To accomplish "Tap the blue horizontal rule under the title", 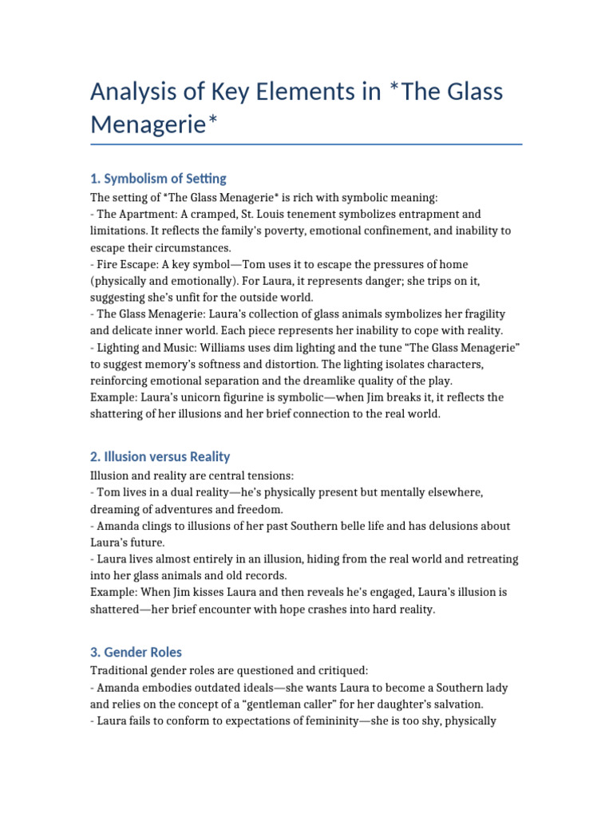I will point(306,144).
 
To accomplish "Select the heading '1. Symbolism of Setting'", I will point(158,178).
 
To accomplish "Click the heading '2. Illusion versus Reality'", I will point(160,456).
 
